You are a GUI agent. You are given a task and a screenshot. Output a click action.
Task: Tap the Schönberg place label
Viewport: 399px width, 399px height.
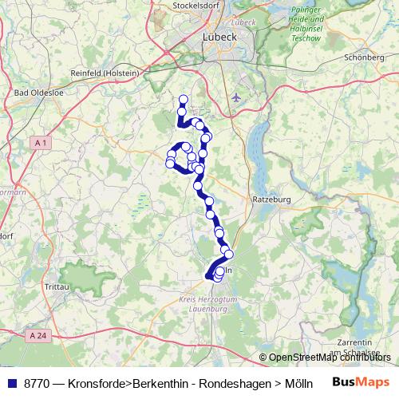tap(364, 57)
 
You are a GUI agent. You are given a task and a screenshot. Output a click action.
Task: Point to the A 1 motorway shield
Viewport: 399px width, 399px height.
tap(42, 142)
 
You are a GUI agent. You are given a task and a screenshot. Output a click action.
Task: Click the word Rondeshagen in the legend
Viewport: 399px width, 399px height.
tap(223, 382)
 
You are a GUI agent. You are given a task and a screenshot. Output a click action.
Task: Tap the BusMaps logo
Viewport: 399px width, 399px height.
tap(361, 381)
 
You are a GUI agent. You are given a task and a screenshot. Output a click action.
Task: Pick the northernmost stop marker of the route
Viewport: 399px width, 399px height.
tap(183, 100)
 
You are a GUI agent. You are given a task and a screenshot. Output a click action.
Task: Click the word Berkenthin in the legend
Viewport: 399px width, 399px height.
tap(159, 382)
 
